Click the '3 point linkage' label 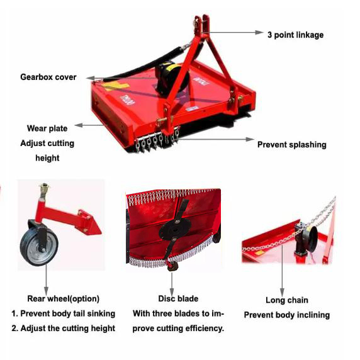click(295, 34)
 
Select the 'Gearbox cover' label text click(48, 77)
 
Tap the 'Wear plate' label click(47, 128)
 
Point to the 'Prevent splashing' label click(291, 144)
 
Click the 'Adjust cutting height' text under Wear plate click(47, 150)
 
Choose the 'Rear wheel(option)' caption click(63, 298)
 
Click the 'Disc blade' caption click(178, 298)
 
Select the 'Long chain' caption click(286, 300)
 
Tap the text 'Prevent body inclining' click(286, 315)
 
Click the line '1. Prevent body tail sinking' click(63, 313)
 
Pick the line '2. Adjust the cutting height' click(63, 328)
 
